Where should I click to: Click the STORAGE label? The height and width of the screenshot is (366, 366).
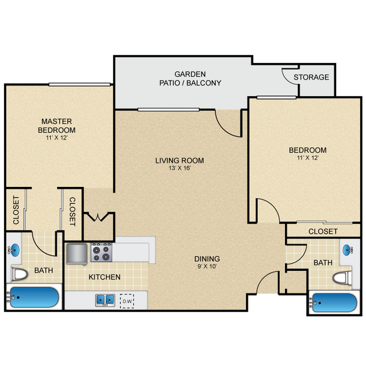coord(311,77)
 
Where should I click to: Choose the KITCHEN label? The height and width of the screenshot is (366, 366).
coord(104,277)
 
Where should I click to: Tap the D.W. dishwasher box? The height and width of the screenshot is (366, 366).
coord(127,300)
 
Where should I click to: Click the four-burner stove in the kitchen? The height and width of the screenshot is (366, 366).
coord(102,252)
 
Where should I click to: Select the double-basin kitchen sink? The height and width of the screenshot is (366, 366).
coord(105,300)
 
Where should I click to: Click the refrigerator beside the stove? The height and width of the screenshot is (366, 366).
coord(77,253)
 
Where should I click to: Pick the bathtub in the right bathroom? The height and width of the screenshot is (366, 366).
coord(333,302)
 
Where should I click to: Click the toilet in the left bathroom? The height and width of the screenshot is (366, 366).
coord(20,275)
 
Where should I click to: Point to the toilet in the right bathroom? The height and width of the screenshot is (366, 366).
coord(342,278)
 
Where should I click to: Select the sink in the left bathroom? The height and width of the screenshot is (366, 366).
coord(15,249)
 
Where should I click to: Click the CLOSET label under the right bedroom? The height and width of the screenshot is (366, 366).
coord(323,231)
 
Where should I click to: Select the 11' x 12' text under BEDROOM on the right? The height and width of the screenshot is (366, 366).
coord(307,158)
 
